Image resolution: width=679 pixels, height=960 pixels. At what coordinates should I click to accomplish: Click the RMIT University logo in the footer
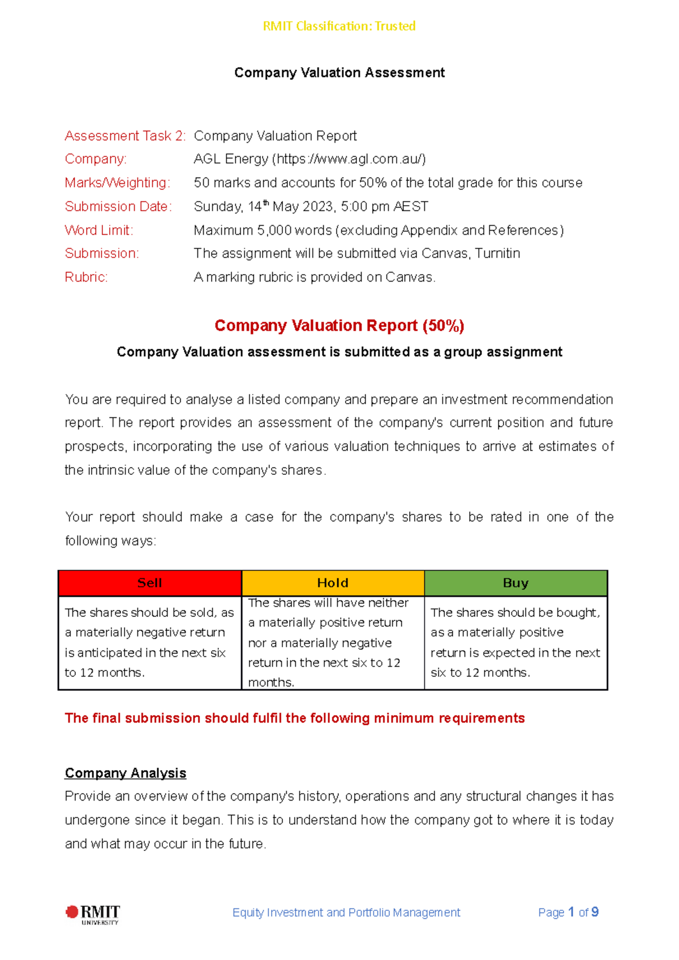click(93, 914)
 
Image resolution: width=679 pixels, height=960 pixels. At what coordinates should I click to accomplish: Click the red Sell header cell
click(150, 583)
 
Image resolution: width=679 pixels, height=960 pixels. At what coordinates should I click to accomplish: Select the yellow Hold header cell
click(333, 583)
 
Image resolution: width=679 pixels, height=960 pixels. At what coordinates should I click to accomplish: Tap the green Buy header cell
click(515, 583)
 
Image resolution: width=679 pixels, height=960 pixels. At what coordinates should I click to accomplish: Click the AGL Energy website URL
click(349, 159)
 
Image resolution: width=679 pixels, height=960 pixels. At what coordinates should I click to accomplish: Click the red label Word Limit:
click(99, 230)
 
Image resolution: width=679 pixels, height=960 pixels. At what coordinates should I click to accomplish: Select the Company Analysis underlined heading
click(126, 773)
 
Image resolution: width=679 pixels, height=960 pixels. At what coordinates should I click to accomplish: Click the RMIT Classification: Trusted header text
click(339, 26)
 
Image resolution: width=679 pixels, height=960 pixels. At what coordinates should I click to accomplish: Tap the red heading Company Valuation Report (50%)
click(339, 326)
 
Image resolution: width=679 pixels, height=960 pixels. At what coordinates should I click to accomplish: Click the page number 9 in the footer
click(595, 912)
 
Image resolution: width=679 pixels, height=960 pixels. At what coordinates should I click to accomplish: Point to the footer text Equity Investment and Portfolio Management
click(346, 913)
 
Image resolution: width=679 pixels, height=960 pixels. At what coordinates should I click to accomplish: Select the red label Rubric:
click(86, 277)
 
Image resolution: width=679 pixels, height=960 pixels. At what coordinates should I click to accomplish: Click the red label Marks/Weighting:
click(117, 183)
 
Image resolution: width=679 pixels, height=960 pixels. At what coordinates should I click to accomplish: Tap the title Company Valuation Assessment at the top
click(339, 72)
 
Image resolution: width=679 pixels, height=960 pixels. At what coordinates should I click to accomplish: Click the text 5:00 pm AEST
click(385, 206)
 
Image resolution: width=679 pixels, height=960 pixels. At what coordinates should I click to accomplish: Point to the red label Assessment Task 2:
click(125, 136)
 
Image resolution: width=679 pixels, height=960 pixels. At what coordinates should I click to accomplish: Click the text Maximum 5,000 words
click(263, 230)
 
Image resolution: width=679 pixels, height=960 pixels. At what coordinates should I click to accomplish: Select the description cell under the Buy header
click(515, 643)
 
